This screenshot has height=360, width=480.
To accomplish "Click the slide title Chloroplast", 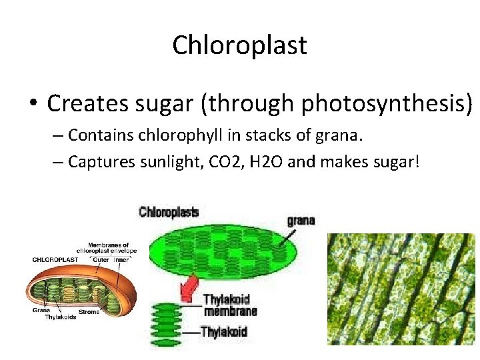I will click(x=239, y=45).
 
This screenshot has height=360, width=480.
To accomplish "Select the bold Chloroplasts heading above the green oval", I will click(x=169, y=212).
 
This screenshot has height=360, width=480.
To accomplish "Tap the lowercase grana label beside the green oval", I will click(x=301, y=220).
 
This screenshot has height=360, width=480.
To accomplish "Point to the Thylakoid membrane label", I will click(x=229, y=305).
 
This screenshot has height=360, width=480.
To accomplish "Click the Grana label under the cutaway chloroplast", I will click(x=40, y=310).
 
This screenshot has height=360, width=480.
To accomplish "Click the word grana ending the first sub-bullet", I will click(x=342, y=136).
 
